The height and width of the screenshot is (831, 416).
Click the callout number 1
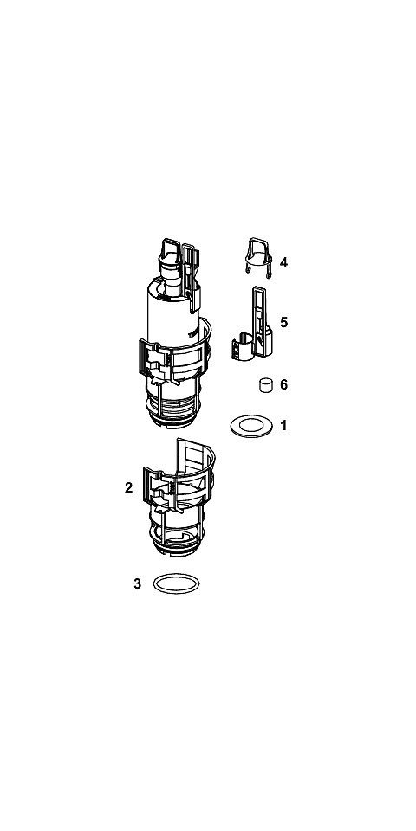pyautogui.click(x=284, y=425)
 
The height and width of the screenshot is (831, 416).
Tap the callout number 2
pyautogui.click(x=128, y=487)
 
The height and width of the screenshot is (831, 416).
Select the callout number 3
pyautogui.click(x=138, y=584)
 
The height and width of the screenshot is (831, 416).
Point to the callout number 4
pyautogui.click(x=284, y=262)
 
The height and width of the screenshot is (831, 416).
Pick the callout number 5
pyautogui.click(x=284, y=322)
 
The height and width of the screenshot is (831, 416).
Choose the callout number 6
pyautogui.click(x=284, y=384)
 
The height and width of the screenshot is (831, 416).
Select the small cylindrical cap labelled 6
pyautogui.click(x=266, y=384)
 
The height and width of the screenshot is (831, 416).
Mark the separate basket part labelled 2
pyautogui.click(x=179, y=499)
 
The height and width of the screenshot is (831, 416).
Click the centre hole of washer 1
pyautogui.click(x=251, y=426)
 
